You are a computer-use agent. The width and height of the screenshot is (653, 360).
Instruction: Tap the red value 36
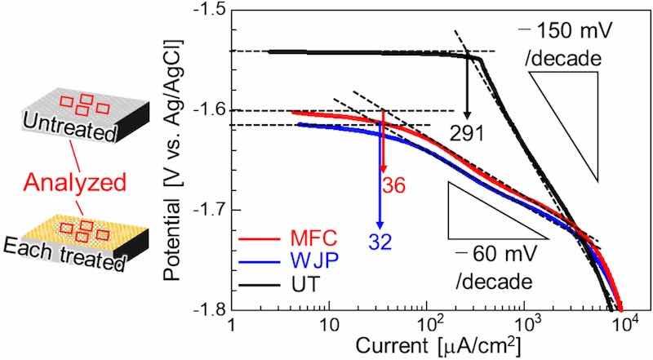[x=394, y=185]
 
